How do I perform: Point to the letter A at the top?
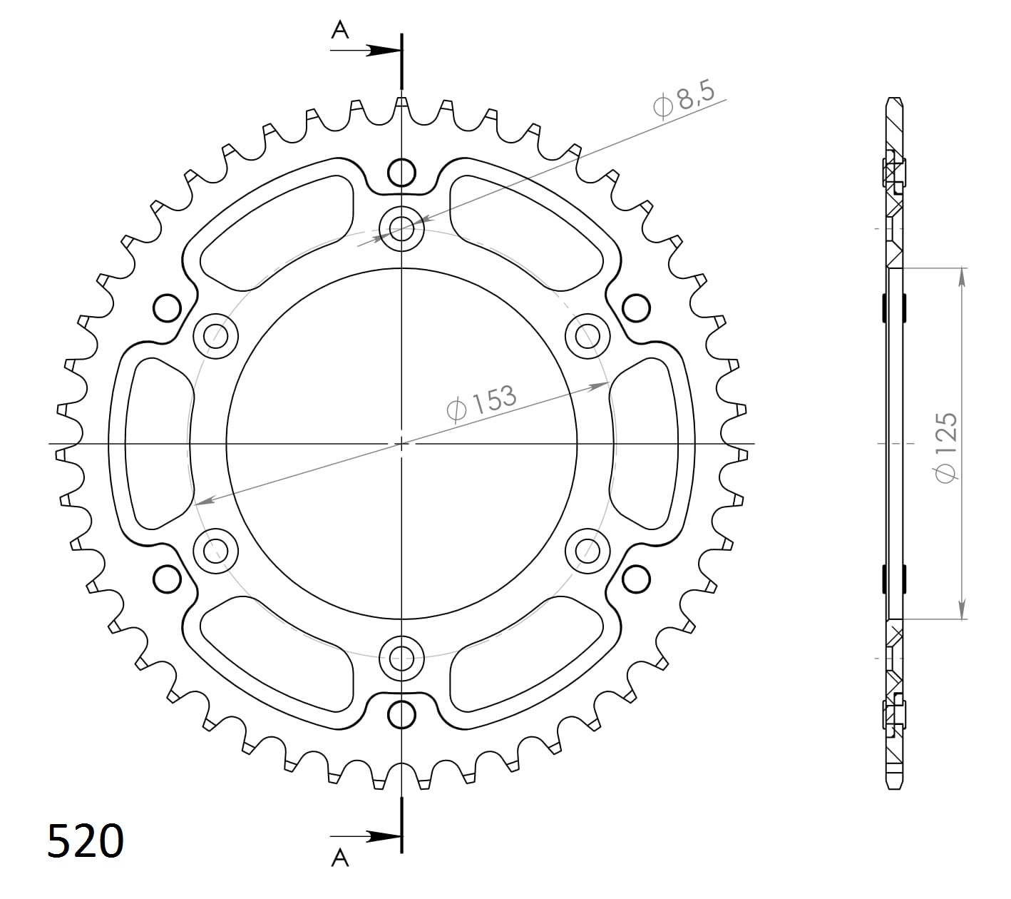pyautogui.click(x=340, y=30)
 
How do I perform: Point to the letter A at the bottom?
pyautogui.click(x=340, y=857)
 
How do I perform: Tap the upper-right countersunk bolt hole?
pyautogui.click(x=587, y=335)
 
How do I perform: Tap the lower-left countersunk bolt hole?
pyautogui.click(x=215, y=550)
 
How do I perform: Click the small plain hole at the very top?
pyautogui.click(x=401, y=172)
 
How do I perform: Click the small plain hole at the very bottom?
pyautogui.click(x=401, y=714)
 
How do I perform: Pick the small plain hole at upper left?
pyautogui.click(x=167, y=308)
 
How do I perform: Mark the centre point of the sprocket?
pyautogui.click(x=401, y=443)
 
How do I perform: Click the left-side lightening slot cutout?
pyautogui.click(x=158, y=443)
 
